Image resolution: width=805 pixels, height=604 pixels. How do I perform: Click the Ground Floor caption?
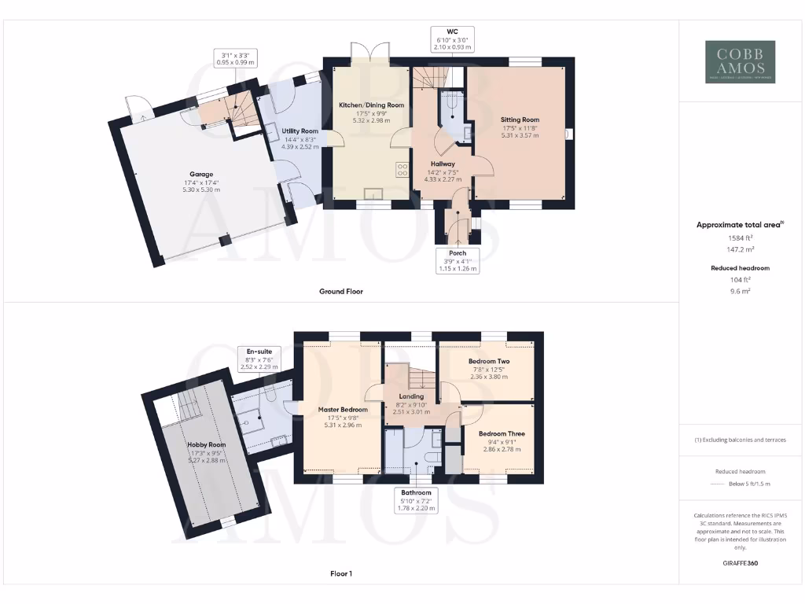pos(340,291)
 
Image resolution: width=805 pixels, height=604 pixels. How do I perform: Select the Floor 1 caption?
pos(340,573)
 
